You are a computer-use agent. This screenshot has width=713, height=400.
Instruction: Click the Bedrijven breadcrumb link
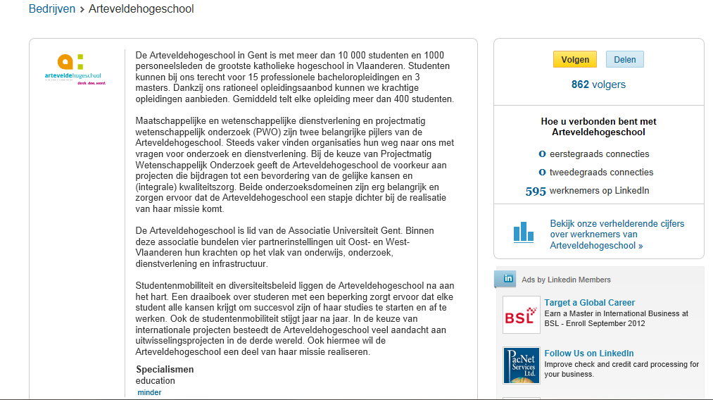point(51,9)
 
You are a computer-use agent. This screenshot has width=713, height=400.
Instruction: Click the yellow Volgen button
point(575,60)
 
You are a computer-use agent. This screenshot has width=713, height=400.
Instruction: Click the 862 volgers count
point(598,85)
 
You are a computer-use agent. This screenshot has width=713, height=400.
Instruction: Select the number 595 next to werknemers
point(536,191)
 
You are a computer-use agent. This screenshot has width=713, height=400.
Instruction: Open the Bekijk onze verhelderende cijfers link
point(617,235)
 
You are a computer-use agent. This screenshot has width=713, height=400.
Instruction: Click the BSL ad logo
point(521,315)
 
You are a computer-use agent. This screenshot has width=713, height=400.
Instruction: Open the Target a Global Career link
point(589,303)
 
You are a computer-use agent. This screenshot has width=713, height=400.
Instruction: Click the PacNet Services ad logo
point(521,365)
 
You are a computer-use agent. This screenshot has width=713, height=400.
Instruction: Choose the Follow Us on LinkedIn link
point(588,354)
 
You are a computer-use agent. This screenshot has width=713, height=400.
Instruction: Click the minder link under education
point(149,392)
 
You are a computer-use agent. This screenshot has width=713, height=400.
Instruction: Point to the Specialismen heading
point(165,370)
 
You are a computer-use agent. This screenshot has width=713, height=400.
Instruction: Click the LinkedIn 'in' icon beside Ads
point(505,279)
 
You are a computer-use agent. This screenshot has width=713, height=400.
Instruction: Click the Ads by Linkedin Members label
point(566,280)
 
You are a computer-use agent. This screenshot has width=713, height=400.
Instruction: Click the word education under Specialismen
point(156,381)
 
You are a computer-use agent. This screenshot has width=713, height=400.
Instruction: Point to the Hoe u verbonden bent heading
point(598,127)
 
